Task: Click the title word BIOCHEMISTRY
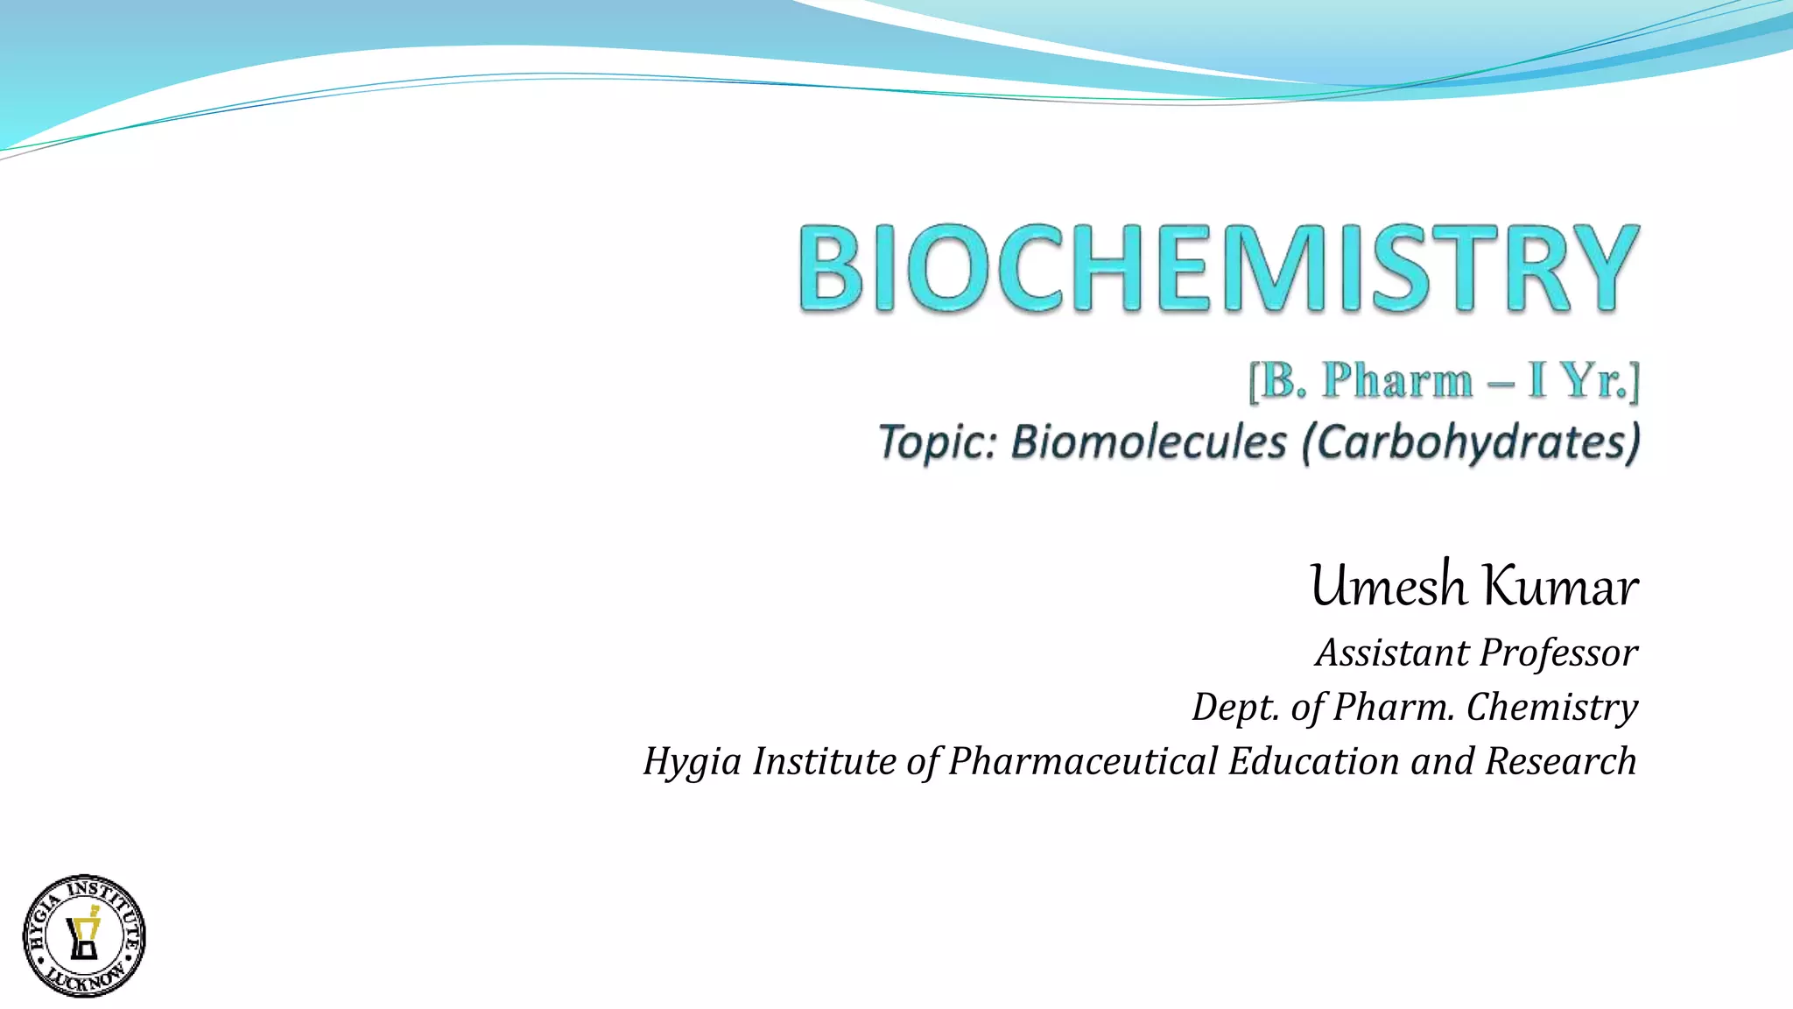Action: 1218,268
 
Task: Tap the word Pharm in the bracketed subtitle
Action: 1397,381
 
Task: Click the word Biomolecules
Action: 1149,441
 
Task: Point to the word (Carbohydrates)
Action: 1470,443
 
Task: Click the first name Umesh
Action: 1388,586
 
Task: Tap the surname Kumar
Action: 1562,586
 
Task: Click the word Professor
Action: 1558,653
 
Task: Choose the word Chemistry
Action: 1551,708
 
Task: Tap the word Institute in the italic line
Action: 824,760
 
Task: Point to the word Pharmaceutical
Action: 1083,760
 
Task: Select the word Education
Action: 1313,760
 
